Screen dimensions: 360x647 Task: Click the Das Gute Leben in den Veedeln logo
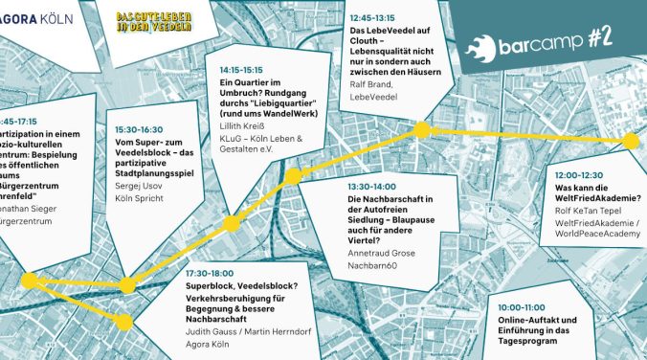click(154, 20)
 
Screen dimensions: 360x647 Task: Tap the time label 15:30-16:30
click(139, 129)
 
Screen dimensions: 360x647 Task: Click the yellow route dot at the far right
click(630, 142)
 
